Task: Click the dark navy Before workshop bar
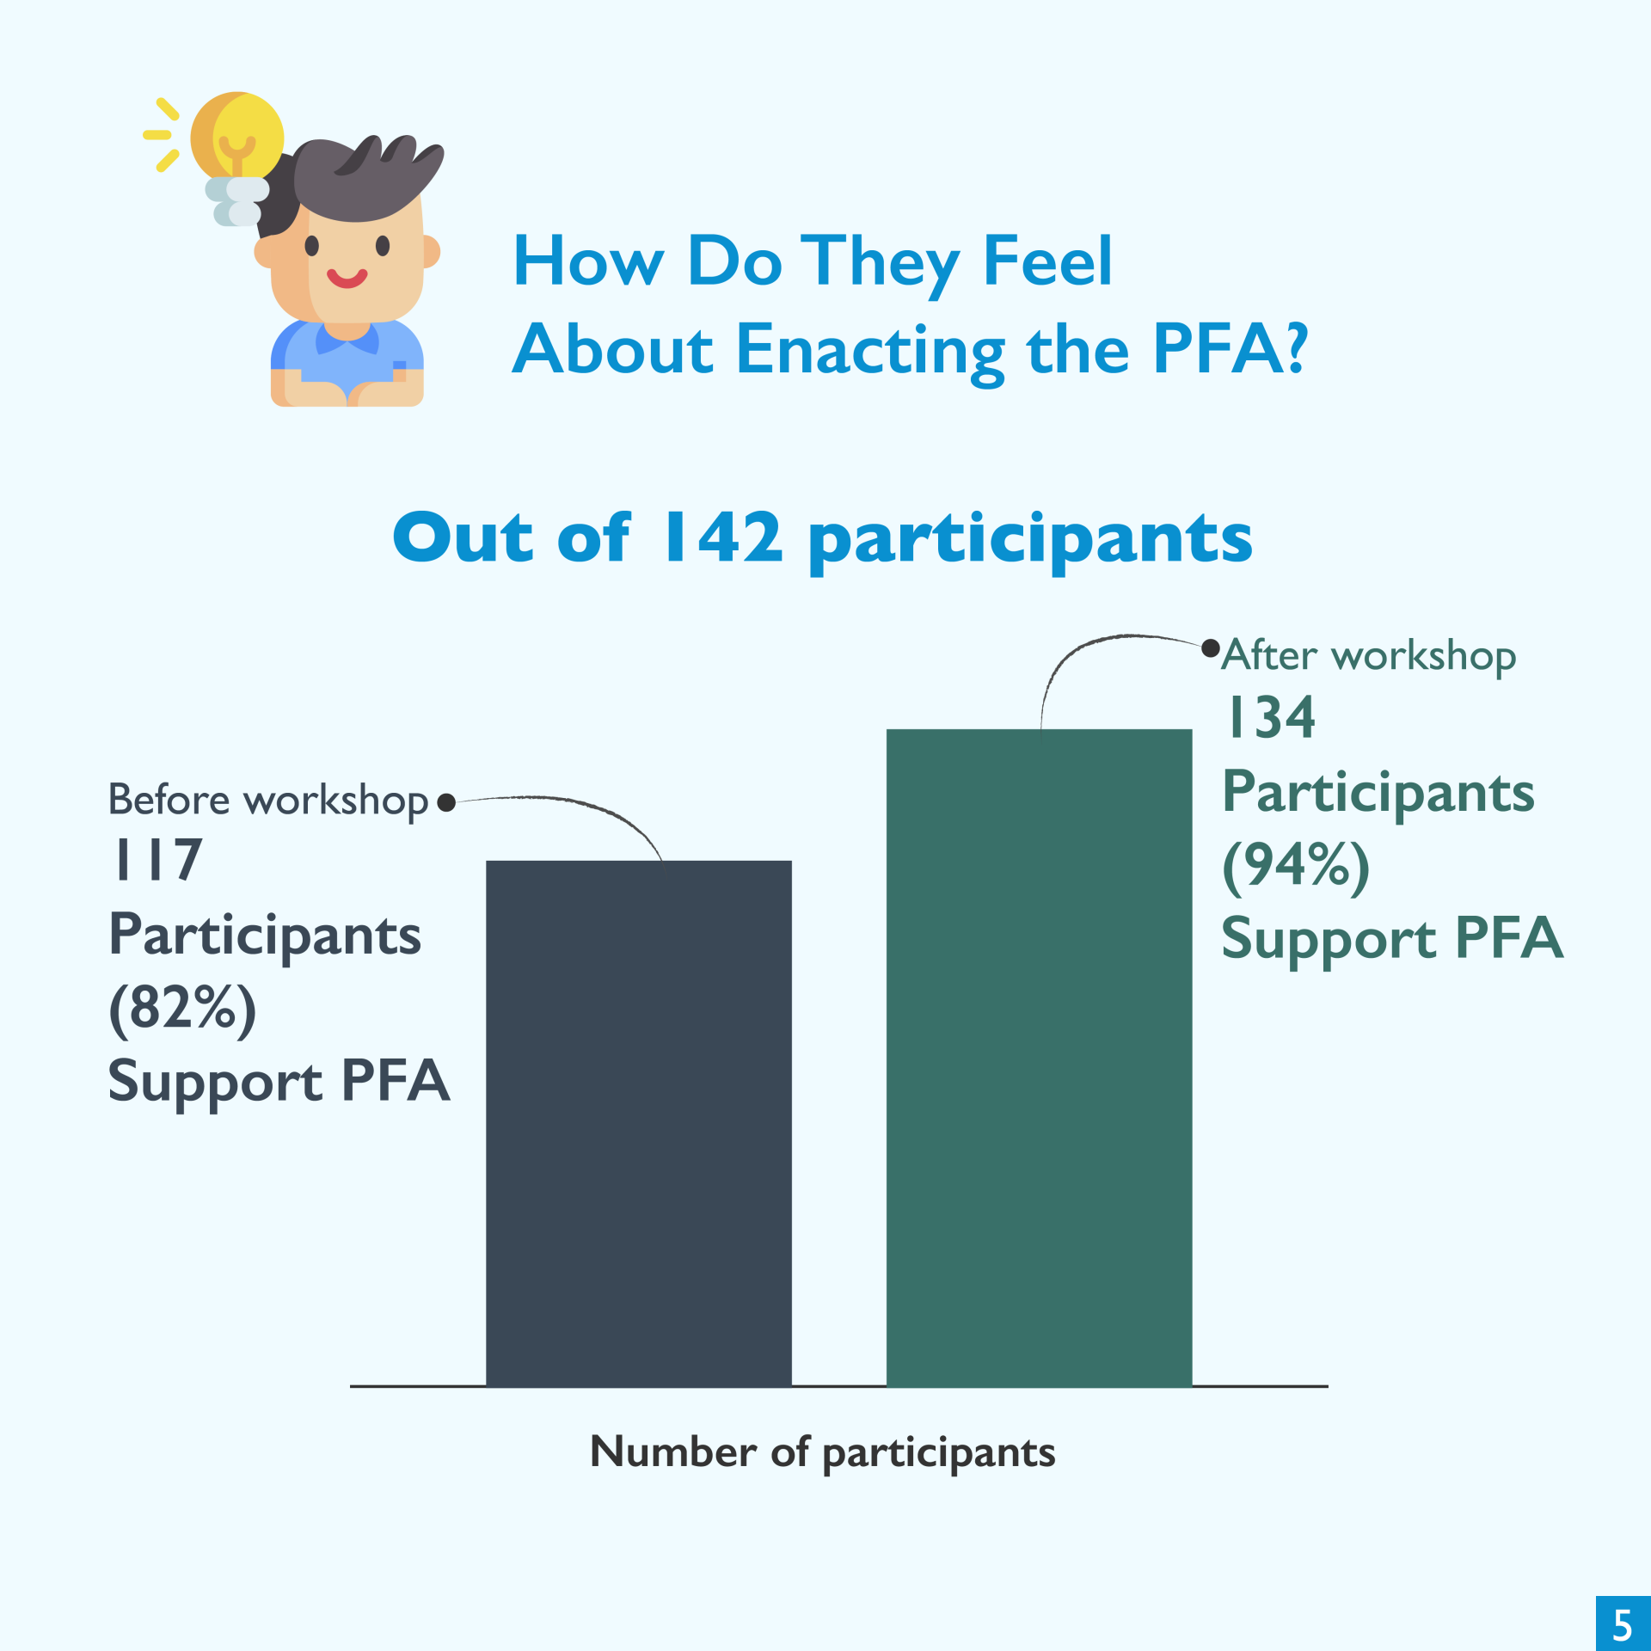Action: (x=638, y=1123)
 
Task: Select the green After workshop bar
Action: (x=1039, y=1058)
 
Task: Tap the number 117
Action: (x=157, y=859)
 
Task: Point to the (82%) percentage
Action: (x=182, y=1009)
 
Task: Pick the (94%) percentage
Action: (x=1296, y=866)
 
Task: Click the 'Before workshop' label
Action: (x=268, y=801)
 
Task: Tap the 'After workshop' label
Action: (x=1369, y=656)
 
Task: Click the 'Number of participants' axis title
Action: (x=822, y=1452)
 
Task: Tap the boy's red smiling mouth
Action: (x=347, y=278)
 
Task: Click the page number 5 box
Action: (x=1623, y=1623)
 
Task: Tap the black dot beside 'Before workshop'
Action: (x=445, y=802)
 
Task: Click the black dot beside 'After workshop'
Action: (x=1211, y=648)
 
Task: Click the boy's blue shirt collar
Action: (x=347, y=339)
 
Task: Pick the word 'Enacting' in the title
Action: (x=870, y=352)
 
